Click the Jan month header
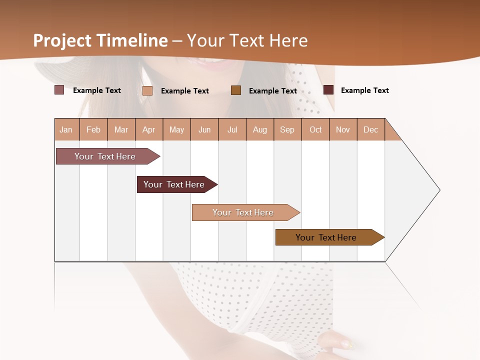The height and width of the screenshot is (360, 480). point(66,129)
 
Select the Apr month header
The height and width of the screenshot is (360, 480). point(148,129)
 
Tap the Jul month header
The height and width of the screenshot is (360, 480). point(232,129)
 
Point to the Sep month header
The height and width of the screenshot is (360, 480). point(287,129)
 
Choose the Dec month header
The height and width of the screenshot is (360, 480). point(370,129)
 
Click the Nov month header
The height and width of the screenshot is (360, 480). point(342,129)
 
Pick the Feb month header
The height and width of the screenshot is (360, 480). point(93,129)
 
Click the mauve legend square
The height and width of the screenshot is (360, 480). point(59,90)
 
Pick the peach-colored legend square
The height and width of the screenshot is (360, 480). point(147,90)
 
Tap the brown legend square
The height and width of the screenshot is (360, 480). point(236,90)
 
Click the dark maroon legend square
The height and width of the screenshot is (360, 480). point(328,90)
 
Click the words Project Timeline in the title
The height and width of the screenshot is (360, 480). point(100,40)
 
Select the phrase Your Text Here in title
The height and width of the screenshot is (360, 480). point(247,40)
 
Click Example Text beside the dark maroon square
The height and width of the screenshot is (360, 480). point(364,90)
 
